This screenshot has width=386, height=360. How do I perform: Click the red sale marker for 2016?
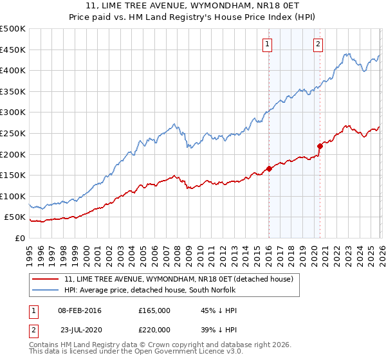(x=268, y=168)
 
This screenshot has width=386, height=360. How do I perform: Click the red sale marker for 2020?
(x=320, y=145)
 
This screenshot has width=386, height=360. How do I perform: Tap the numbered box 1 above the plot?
(x=266, y=44)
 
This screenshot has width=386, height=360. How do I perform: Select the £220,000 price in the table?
(x=154, y=329)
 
